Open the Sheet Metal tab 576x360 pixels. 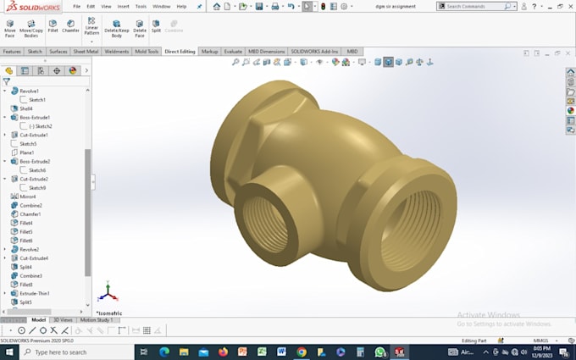(x=86, y=51)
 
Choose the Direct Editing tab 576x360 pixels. (x=180, y=51)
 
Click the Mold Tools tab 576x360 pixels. (x=147, y=51)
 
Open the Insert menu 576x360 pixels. (x=123, y=6)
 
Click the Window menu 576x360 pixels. (x=161, y=6)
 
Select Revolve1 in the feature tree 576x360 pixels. (x=29, y=91)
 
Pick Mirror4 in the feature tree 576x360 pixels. (x=28, y=197)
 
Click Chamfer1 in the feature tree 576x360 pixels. (x=30, y=214)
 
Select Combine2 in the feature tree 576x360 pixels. (x=30, y=205)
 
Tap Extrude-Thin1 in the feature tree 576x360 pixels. (x=35, y=293)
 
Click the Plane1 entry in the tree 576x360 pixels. (x=27, y=152)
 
